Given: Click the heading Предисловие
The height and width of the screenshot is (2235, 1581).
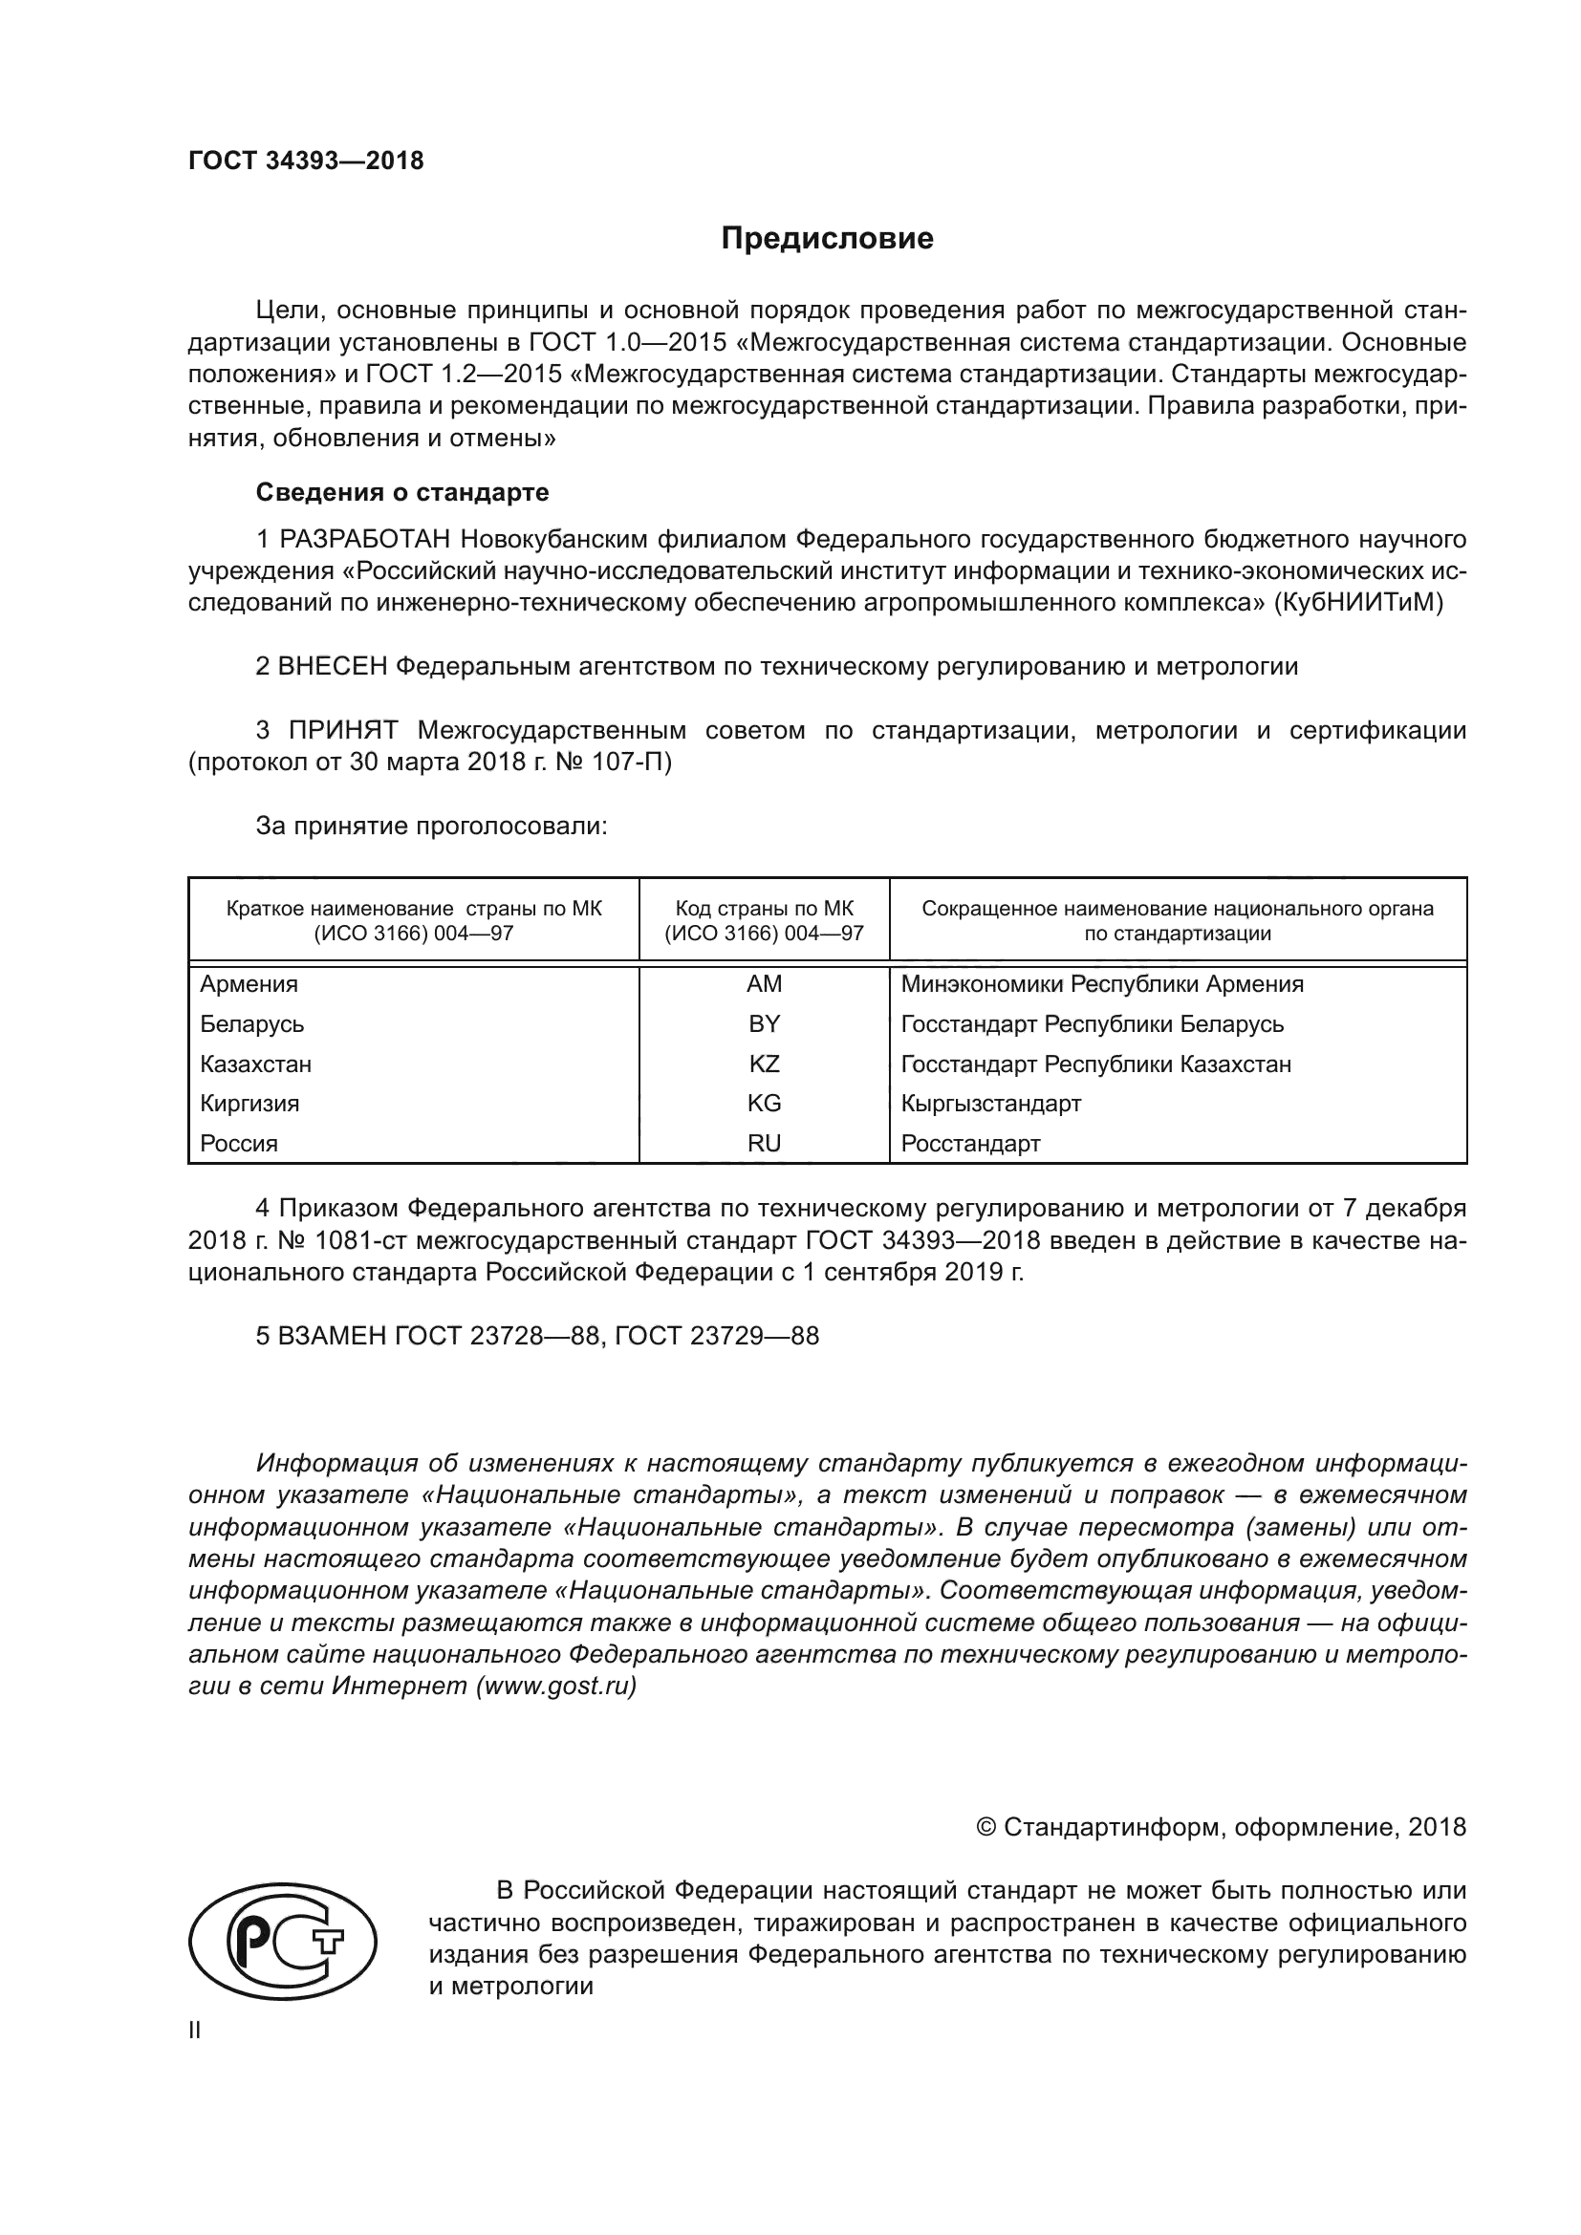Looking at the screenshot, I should click(x=827, y=239).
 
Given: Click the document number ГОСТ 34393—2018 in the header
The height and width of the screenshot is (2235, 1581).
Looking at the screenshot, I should click(x=306, y=161).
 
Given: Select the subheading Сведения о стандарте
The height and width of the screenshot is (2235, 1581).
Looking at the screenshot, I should click(x=402, y=492).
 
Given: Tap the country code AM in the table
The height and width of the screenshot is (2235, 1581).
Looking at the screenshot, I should click(x=765, y=984).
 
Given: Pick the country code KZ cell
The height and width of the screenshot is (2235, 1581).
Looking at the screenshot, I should click(x=765, y=1064).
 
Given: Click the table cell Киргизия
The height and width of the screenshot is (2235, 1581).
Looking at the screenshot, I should click(x=249, y=1104).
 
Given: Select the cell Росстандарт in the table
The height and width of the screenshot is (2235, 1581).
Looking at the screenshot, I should click(x=970, y=1144).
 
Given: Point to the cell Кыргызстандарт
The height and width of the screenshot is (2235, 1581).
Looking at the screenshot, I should click(x=991, y=1104).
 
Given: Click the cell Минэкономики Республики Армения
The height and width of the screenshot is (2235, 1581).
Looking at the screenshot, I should click(x=1102, y=984).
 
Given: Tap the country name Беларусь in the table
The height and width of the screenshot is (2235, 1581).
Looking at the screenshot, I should click(x=252, y=1024).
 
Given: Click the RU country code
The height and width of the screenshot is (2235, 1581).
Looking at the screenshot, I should click(x=765, y=1144).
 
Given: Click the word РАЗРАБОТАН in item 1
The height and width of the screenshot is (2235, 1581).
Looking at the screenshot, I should click(x=365, y=539).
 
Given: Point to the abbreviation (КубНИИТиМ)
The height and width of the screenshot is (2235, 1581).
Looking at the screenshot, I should click(x=1358, y=603).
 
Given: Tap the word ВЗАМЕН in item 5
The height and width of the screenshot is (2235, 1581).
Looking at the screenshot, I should click(x=332, y=1337).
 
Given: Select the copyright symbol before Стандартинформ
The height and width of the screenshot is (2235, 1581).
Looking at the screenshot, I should click(x=985, y=1827).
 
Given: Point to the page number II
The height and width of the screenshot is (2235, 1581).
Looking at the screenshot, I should click(x=195, y=2031).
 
